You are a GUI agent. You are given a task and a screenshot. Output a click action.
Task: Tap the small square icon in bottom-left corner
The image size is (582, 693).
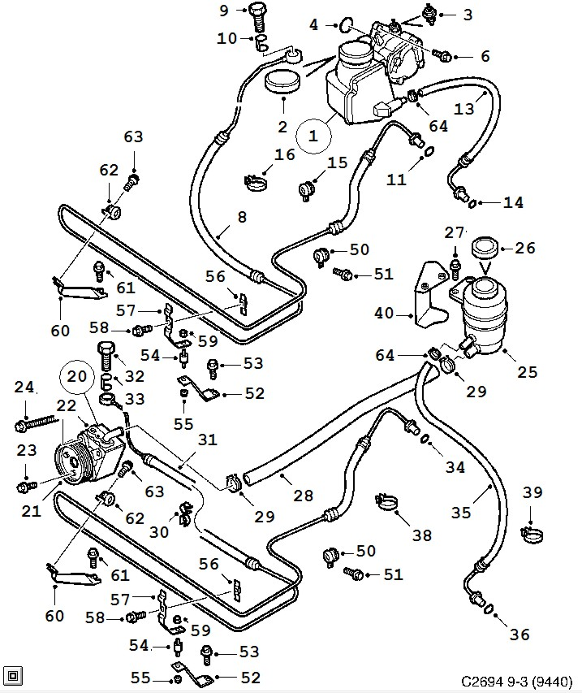(14, 674)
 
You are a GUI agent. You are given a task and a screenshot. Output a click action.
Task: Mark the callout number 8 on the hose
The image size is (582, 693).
(241, 217)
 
